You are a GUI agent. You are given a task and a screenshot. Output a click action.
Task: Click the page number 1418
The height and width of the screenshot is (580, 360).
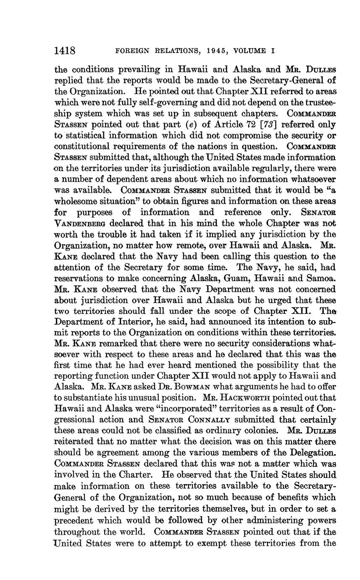point(65,51)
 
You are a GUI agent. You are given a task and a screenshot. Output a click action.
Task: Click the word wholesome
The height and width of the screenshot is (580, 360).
point(77,202)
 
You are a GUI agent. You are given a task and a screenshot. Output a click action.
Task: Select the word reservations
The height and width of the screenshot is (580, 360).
point(83,279)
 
